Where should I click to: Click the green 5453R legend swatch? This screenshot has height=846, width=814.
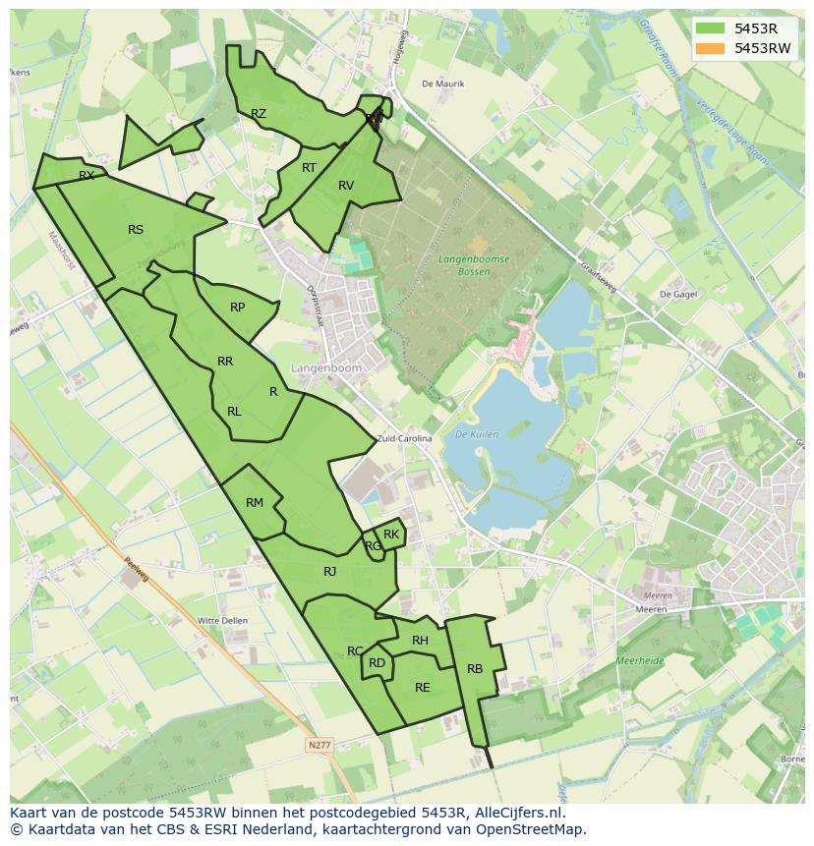pos(709,28)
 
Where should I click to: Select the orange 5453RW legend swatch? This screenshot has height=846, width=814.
pos(709,48)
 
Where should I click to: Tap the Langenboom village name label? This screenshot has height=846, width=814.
pos(326,367)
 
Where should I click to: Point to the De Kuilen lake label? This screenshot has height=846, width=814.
pos(478,433)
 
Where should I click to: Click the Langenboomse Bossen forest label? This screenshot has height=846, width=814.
pos(474,265)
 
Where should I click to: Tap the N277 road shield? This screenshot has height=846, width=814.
pos(320,746)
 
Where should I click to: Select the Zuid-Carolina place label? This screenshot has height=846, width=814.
pos(405,439)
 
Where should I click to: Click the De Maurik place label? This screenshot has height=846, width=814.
pos(442,84)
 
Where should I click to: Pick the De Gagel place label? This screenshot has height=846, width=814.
pos(677,294)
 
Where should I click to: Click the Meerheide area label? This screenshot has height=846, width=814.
pos(639,661)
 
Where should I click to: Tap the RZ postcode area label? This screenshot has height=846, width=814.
pos(259,114)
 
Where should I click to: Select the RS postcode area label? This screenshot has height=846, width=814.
pos(136,230)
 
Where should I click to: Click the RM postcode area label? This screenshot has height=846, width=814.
pos(255,503)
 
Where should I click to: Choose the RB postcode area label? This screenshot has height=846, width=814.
pos(475,669)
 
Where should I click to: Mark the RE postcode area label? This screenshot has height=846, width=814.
pos(423,688)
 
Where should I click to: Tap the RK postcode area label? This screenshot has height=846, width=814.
pos(391,535)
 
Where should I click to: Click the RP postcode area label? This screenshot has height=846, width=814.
pos(237,308)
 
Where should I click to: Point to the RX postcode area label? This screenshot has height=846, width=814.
pos(87,176)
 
